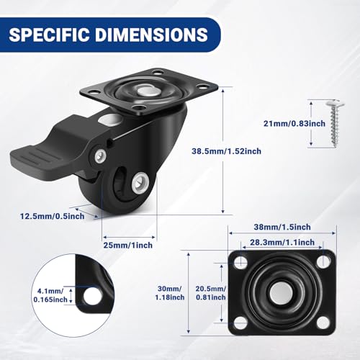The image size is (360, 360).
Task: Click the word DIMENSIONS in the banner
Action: (x=152, y=35)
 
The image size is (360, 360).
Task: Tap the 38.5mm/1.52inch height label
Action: (x=226, y=151)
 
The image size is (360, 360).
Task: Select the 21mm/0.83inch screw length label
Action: (x=294, y=123)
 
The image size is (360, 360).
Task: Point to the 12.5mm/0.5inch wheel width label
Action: (x=52, y=216)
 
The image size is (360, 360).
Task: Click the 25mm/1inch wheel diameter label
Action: (x=128, y=245)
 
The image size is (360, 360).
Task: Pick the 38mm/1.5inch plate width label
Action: (x=282, y=227)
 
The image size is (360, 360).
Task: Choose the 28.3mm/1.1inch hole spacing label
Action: (x=282, y=242)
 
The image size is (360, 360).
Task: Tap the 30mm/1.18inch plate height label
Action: (x=170, y=293)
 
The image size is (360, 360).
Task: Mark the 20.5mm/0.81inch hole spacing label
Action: (x=211, y=293)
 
